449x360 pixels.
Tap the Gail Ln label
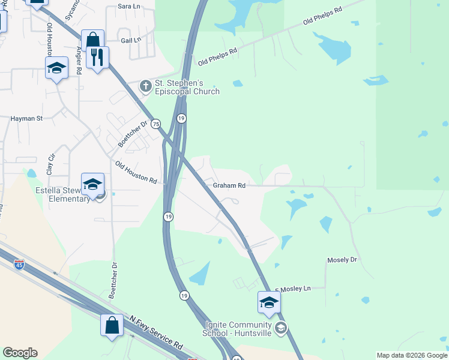(x=130, y=40)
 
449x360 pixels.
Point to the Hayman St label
(x=26, y=119)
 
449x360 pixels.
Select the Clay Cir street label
(x=51, y=163)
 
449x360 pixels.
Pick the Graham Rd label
(x=229, y=186)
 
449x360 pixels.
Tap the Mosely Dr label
(x=342, y=260)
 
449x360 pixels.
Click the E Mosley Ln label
(x=293, y=289)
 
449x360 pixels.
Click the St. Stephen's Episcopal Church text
(x=187, y=88)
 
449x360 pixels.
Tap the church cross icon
(x=145, y=87)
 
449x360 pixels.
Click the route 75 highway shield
(x=156, y=123)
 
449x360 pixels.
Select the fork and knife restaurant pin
(x=97, y=58)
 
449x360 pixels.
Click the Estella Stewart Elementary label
(x=62, y=195)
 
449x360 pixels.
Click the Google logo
(x=20, y=353)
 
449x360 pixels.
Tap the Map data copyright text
(x=412, y=355)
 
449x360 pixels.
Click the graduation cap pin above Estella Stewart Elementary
(x=92, y=184)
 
